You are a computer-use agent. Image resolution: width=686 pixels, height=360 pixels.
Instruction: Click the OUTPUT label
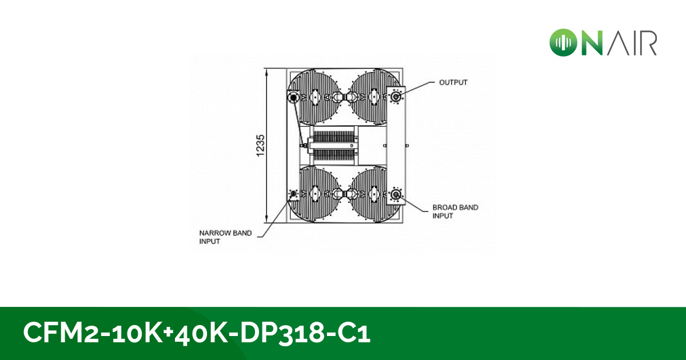(453, 82)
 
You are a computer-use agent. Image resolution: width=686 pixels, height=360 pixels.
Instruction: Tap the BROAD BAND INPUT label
(455, 211)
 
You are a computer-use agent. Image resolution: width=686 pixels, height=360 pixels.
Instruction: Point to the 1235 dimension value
(261, 146)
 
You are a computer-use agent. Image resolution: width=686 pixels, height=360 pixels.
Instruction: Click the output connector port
(396, 97)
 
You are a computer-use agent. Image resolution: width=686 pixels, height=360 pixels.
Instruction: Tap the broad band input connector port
(396, 195)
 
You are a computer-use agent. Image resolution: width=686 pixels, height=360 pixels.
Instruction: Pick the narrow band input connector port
(294, 194)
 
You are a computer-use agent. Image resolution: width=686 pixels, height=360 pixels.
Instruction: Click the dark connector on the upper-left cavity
(294, 98)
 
